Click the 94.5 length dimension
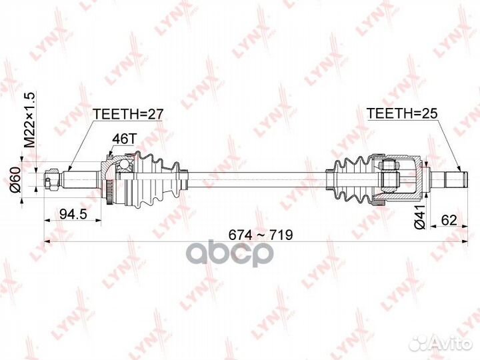75,215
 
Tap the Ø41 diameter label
419,216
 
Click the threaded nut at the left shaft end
50,179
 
